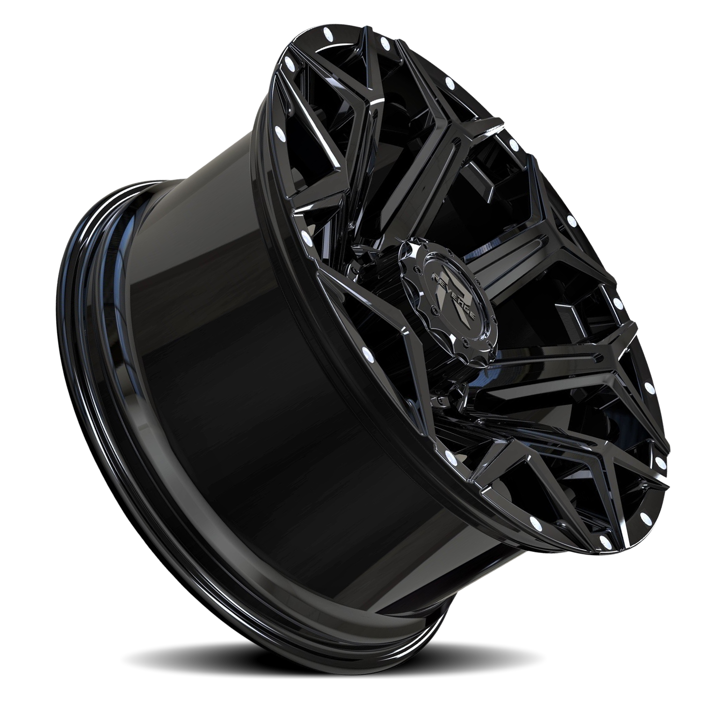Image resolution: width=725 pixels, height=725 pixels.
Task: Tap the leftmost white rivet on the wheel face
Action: coord(277,131)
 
